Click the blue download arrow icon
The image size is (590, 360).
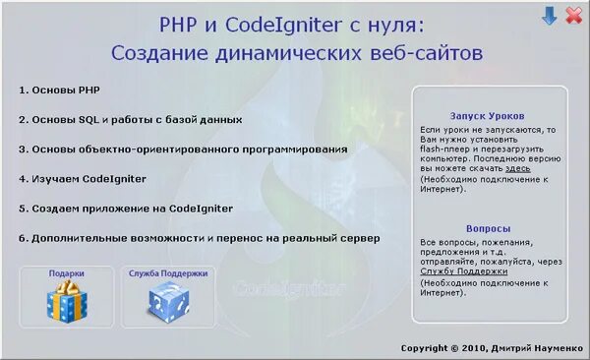coord(550,16)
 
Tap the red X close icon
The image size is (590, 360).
coord(572,16)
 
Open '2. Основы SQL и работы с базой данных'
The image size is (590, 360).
coord(130,119)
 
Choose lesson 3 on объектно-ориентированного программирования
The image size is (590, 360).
coord(183,150)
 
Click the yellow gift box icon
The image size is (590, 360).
coord(67,302)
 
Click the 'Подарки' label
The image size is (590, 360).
coord(67,273)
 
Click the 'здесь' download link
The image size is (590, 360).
coord(518,168)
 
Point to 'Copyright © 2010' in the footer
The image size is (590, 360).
coord(443,348)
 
